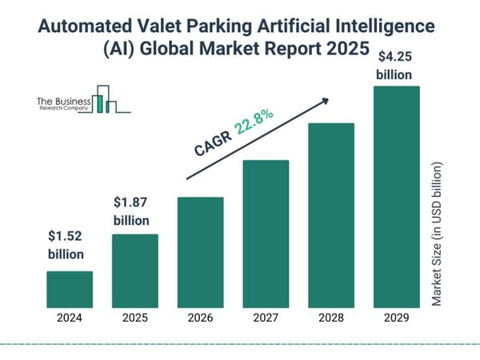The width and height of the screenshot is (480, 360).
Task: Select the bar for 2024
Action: point(70,289)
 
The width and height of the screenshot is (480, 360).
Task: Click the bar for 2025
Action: point(134,270)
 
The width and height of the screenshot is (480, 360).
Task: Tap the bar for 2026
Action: point(200,252)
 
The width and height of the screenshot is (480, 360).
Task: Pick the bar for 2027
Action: point(265,234)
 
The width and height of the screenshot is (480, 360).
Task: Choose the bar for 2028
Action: point(330,215)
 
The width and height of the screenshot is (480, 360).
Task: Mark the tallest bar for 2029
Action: point(396,197)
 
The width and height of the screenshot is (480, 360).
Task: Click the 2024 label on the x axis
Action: point(70,318)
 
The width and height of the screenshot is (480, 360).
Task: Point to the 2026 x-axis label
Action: point(200,318)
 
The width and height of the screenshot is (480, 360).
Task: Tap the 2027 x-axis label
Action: point(265,318)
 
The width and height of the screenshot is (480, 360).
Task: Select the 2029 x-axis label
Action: point(396,318)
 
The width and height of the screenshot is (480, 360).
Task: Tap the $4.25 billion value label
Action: point(395,66)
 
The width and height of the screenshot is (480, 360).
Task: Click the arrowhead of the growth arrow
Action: point(326,101)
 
